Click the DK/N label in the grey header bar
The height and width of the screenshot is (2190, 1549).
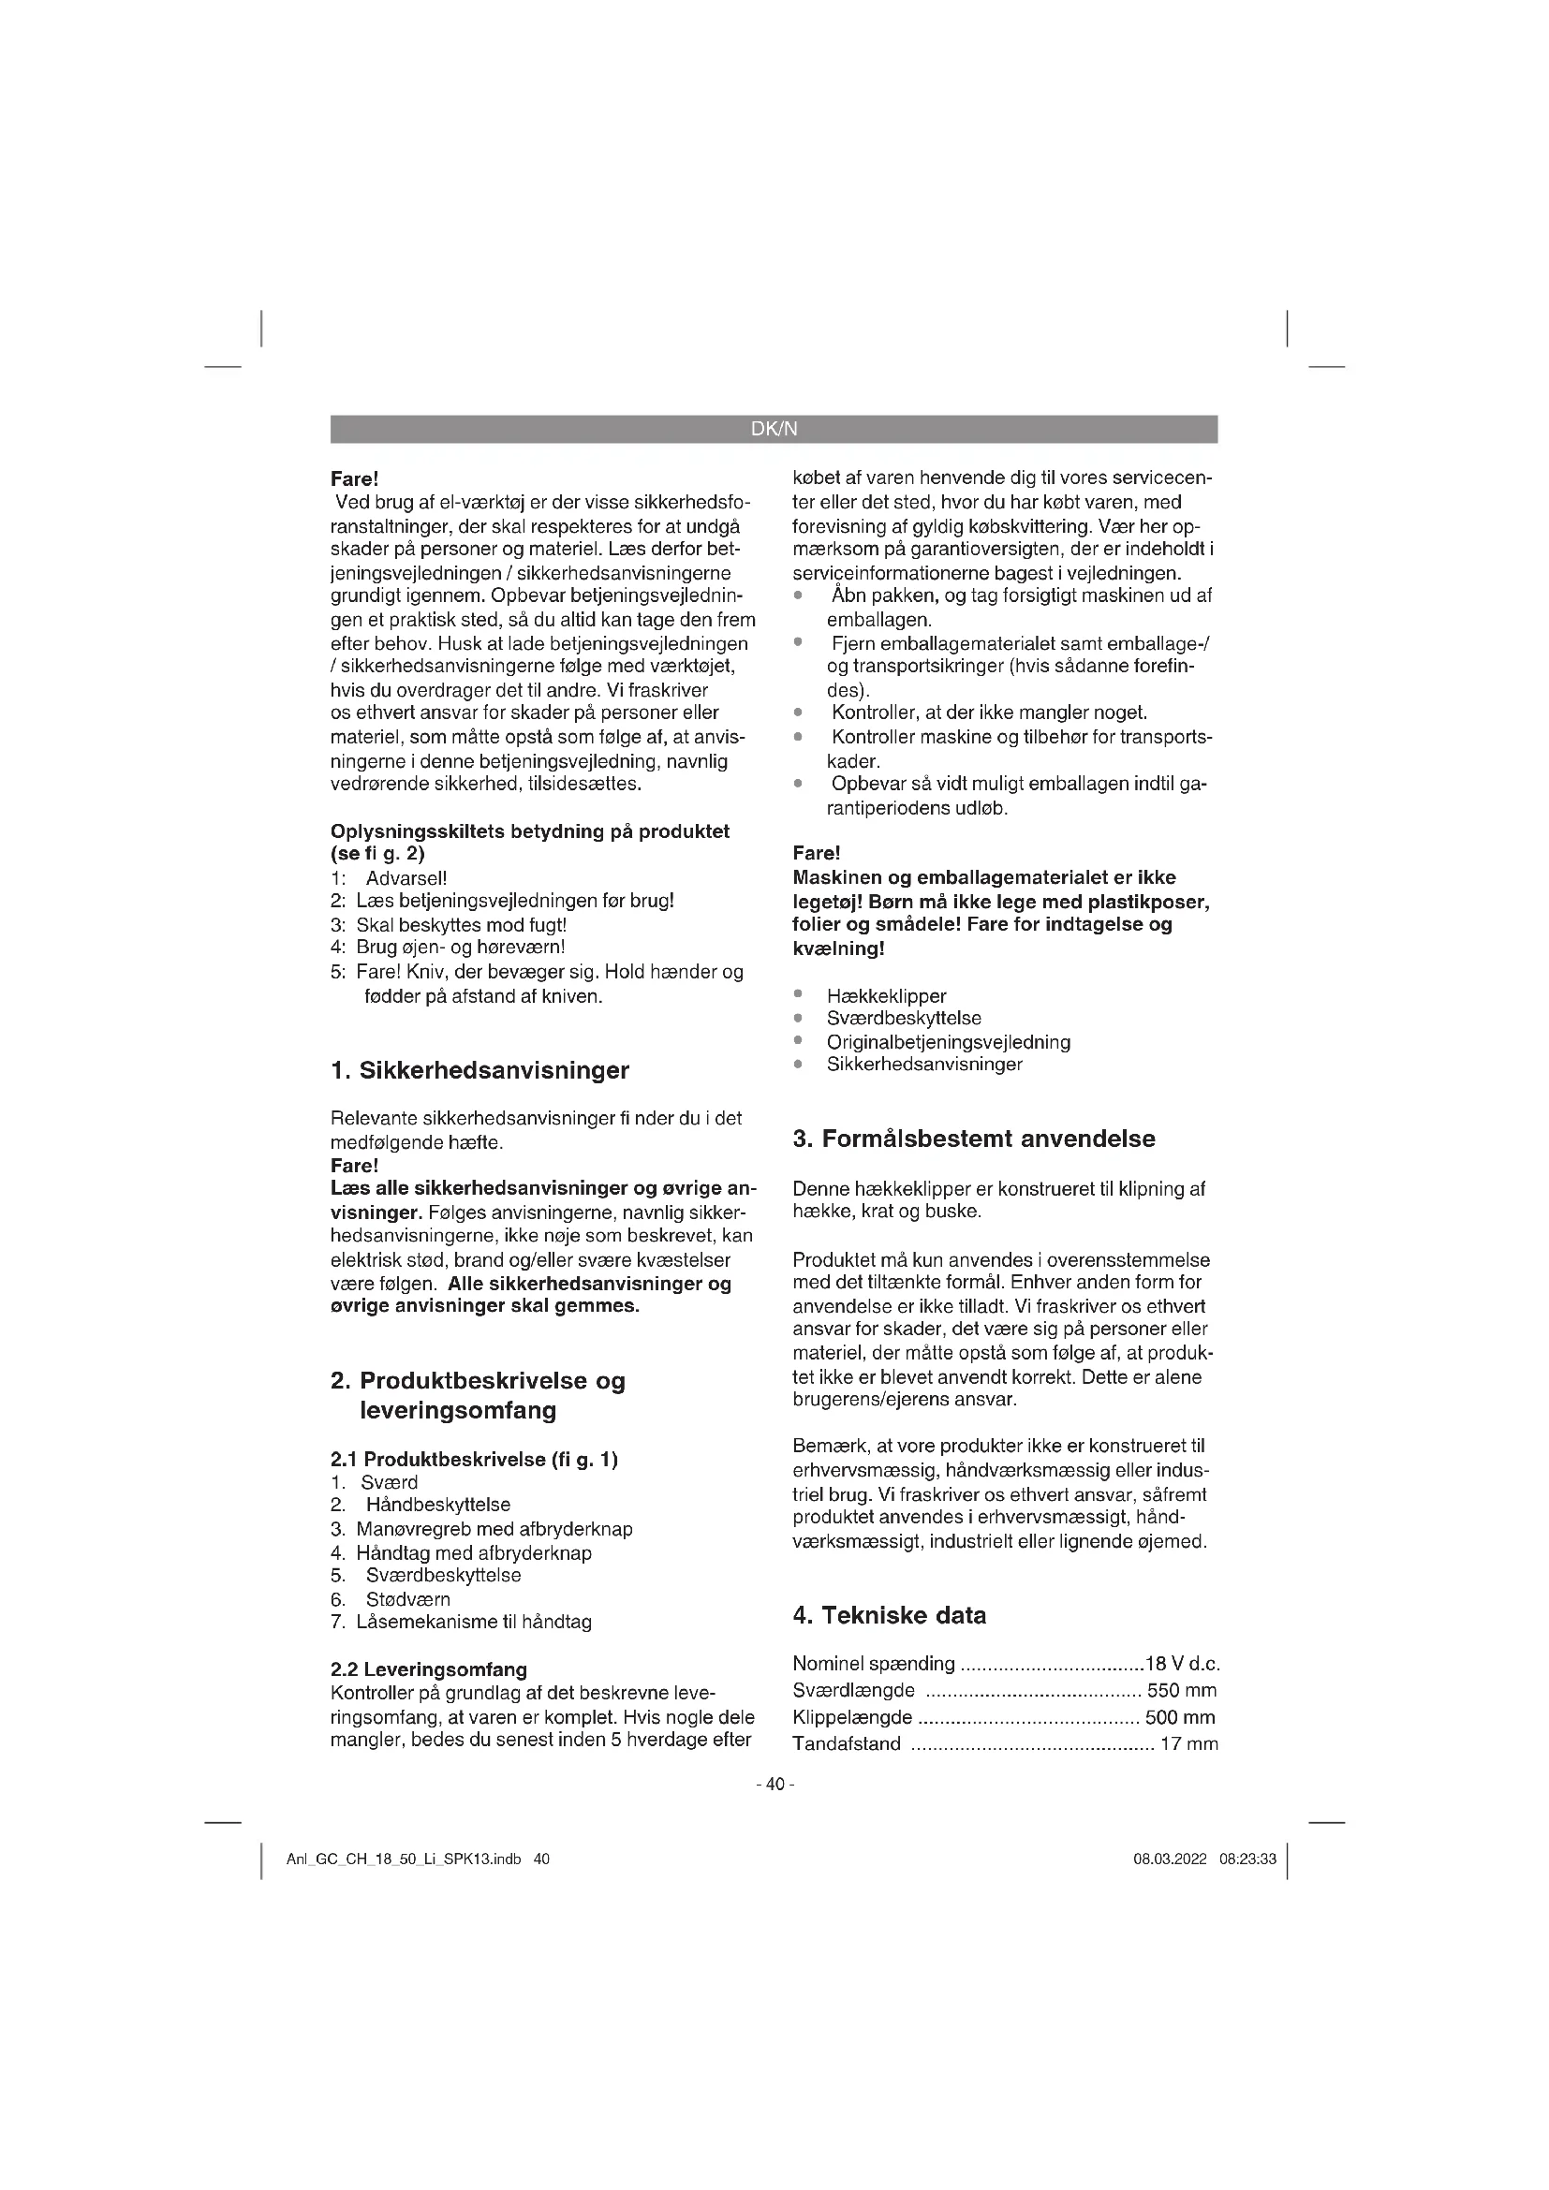click(x=774, y=429)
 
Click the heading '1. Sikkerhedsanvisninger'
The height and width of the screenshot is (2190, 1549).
click(x=479, y=1070)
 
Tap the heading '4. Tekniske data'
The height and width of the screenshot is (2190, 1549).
click(x=889, y=1616)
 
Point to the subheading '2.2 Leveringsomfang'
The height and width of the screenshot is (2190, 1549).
click(x=428, y=1669)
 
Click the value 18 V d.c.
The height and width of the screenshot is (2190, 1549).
click(x=1183, y=1665)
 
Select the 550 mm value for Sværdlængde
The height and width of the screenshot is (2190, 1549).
click(x=1182, y=1691)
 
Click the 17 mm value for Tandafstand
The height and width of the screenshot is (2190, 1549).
click(x=1188, y=1744)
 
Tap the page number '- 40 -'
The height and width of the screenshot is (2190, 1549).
click(x=774, y=1784)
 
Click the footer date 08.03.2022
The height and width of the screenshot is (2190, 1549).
click(x=1170, y=1859)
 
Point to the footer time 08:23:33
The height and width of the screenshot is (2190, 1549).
click(x=1247, y=1859)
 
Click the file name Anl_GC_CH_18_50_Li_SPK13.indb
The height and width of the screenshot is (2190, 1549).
click(x=404, y=1859)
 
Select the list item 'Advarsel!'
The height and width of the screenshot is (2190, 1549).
click(x=406, y=878)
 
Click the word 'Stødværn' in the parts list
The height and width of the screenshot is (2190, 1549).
click(x=408, y=1599)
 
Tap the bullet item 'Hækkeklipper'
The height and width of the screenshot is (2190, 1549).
click(x=886, y=997)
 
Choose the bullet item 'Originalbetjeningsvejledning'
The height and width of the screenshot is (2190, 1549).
click(x=948, y=1042)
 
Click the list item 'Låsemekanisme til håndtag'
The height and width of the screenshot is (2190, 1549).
click(x=474, y=1622)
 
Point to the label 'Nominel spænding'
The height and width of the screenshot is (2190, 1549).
click(x=874, y=1665)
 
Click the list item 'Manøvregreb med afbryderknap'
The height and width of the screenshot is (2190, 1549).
click(x=494, y=1530)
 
